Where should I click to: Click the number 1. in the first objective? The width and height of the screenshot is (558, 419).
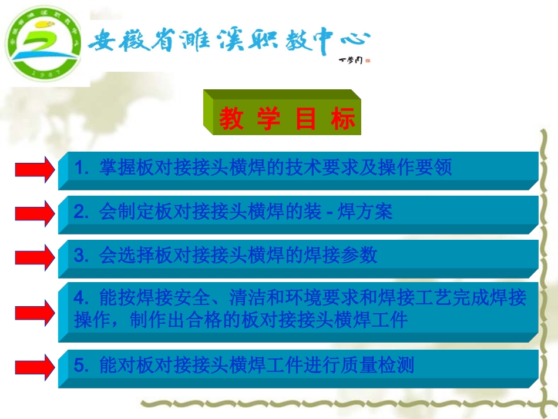coord(81,169)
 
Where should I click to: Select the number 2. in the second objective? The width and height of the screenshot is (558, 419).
coord(81,212)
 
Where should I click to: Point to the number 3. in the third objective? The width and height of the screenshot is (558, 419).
coord(81,256)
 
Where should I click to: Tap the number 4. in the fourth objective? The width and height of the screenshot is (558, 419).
coord(81,299)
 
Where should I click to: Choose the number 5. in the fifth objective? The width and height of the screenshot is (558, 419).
coord(81,366)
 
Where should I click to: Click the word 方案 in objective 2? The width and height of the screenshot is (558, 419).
coord(379,212)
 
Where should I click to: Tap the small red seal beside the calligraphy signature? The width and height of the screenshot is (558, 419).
coord(368,59)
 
